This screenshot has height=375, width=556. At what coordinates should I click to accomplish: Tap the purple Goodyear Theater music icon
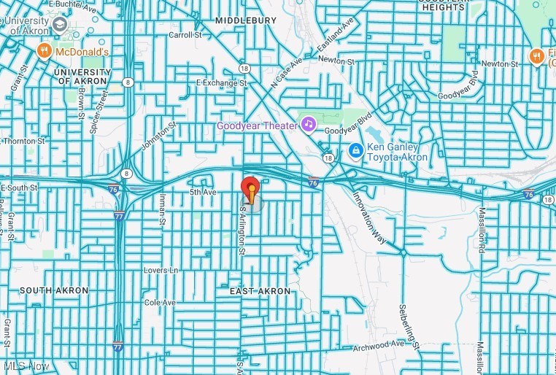tap(309, 125)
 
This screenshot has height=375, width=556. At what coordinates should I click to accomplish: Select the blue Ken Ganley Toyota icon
tap(355, 151)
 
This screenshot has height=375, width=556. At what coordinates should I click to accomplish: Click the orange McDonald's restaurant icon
tap(45, 51)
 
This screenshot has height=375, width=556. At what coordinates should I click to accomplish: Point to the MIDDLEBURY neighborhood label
tap(247, 20)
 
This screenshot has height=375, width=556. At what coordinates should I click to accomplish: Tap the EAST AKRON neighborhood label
tap(260, 291)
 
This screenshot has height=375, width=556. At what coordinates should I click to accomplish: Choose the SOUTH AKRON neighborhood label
tap(54, 290)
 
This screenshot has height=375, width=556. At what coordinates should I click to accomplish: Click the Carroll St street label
tap(185, 34)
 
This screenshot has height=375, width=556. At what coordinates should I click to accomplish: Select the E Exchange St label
tap(222, 83)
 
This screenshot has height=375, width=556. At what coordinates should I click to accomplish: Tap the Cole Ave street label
tap(160, 302)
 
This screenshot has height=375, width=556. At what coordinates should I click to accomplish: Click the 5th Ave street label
tap(204, 192)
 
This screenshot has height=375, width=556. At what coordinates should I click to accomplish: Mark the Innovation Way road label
tap(370, 217)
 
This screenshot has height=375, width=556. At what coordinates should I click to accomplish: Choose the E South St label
tap(19, 187)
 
